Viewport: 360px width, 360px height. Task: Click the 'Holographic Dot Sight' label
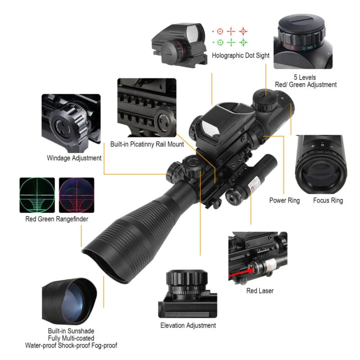(x=241, y=56)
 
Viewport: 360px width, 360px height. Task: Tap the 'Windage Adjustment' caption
(x=74, y=158)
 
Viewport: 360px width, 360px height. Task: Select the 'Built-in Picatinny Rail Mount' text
(x=147, y=144)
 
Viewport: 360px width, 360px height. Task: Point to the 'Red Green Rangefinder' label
(x=57, y=219)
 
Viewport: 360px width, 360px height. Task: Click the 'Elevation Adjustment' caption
(x=188, y=325)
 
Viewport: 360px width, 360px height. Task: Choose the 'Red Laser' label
(x=260, y=291)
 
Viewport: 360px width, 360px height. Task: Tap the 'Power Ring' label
(x=284, y=200)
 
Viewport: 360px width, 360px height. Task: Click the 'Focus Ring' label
(x=328, y=200)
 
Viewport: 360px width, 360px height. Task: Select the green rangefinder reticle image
(x=37, y=195)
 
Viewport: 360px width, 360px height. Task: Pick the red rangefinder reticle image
(x=77, y=195)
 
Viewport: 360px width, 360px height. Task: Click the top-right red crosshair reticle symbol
(x=243, y=31)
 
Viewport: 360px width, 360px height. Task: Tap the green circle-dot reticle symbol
(x=220, y=43)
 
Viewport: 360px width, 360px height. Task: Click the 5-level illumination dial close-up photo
(x=302, y=41)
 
